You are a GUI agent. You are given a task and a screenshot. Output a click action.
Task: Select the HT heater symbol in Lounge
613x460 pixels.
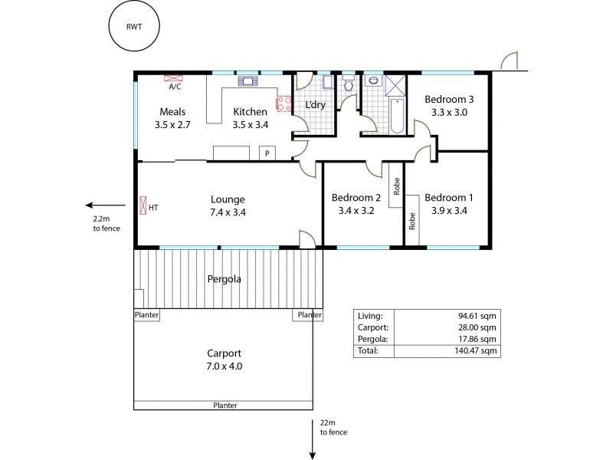point(143,206)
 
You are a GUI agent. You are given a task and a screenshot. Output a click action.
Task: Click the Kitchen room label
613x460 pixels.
point(250,112)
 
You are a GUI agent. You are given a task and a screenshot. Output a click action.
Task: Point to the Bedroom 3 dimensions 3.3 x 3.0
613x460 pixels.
point(449,112)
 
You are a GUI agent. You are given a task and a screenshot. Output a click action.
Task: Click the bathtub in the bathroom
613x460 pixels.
point(397,117)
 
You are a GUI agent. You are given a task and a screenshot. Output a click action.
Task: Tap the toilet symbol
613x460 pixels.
point(349,85)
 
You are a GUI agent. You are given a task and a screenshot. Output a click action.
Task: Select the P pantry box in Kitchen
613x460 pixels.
point(267,153)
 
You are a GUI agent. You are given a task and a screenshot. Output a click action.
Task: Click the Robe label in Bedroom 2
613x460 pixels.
point(396,186)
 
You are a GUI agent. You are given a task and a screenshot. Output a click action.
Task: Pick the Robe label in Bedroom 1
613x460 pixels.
point(411,222)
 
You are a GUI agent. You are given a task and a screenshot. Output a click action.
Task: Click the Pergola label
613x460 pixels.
point(225,279)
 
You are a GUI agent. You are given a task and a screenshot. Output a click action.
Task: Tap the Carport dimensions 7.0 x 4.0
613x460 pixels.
point(224,366)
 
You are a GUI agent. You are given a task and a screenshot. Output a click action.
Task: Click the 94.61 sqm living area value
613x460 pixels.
point(481,314)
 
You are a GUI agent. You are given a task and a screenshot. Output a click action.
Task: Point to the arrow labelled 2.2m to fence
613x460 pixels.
point(105,205)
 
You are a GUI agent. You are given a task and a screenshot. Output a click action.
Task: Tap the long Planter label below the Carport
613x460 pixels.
point(225,406)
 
